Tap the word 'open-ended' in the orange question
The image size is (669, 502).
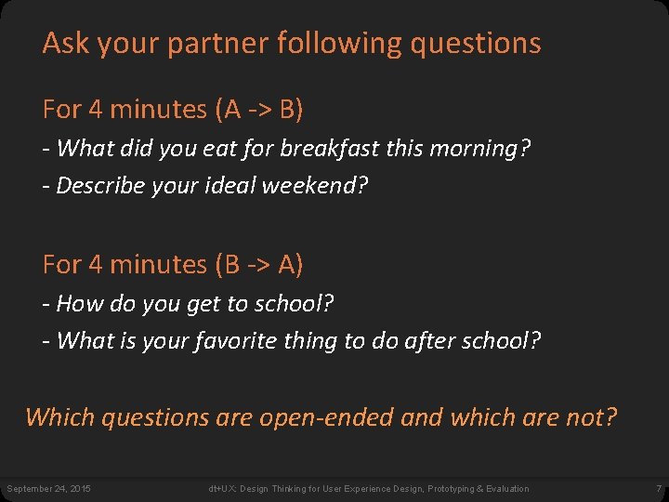coord(327,417)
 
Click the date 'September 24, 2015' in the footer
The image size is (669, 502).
coord(48,489)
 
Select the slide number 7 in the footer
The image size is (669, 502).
coord(658,489)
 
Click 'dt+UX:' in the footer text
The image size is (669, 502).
coord(221,489)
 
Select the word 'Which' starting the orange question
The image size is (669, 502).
coord(60,417)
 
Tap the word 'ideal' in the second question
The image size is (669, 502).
coord(230,185)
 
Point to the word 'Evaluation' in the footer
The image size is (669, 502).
coord(506,489)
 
